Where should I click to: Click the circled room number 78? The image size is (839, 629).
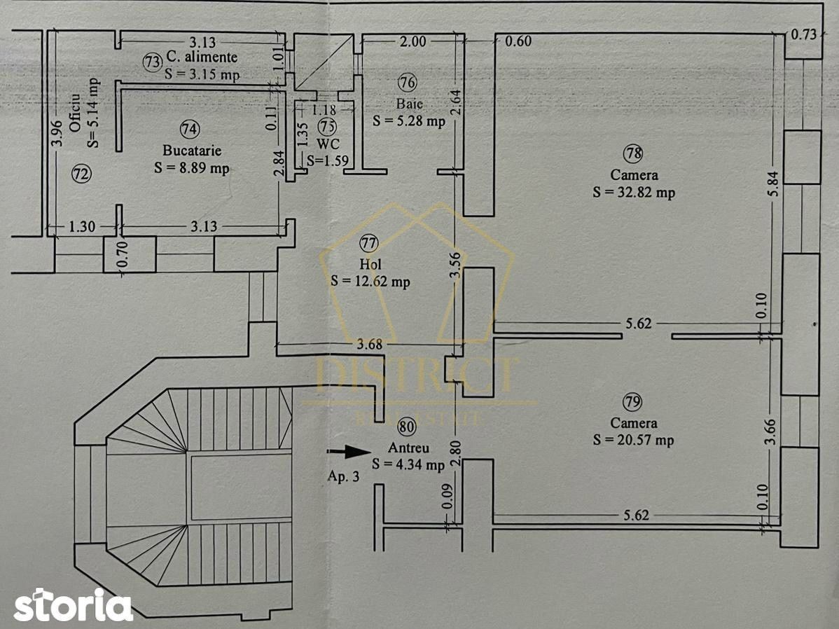(x=634, y=153)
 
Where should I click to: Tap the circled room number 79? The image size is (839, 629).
(x=632, y=401)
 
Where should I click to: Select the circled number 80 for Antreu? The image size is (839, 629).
(x=407, y=427)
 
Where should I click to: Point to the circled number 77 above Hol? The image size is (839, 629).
(x=368, y=244)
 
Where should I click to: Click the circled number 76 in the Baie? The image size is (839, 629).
(x=407, y=83)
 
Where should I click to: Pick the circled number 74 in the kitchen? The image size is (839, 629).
(x=190, y=129)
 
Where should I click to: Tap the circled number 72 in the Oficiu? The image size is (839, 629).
(x=82, y=174)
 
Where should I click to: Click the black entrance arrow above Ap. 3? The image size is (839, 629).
(x=349, y=452)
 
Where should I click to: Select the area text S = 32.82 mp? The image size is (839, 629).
(x=634, y=192)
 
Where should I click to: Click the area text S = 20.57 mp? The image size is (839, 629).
(x=633, y=440)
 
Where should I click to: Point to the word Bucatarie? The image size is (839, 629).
(x=192, y=151)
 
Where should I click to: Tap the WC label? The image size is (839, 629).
(x=328, y=144)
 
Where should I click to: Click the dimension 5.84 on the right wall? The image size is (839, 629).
(x=774, y=184)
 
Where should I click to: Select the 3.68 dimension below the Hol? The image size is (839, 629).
(x=370, y=344)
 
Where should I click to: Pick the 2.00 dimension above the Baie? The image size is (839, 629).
(x=413, y=41)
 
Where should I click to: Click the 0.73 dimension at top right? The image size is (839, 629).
(x=804, y=34)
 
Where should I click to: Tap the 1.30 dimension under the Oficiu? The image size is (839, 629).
(x=82, y=226)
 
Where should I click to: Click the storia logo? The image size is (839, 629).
(x=74, y=605)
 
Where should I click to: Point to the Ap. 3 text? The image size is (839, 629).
(x=344, y=476)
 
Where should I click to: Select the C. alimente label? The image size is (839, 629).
(x=202, y=57)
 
